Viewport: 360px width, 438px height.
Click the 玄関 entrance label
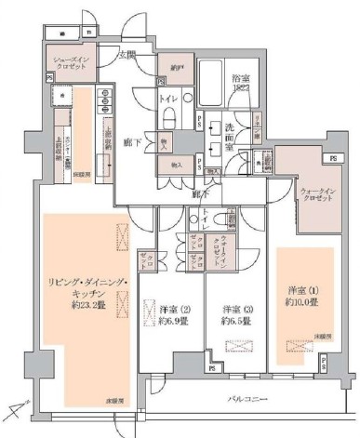[127, 55]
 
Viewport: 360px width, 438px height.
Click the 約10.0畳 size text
[303, 302]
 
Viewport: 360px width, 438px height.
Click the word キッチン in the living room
[75, 291]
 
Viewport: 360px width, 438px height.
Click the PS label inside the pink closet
[332, 158]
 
